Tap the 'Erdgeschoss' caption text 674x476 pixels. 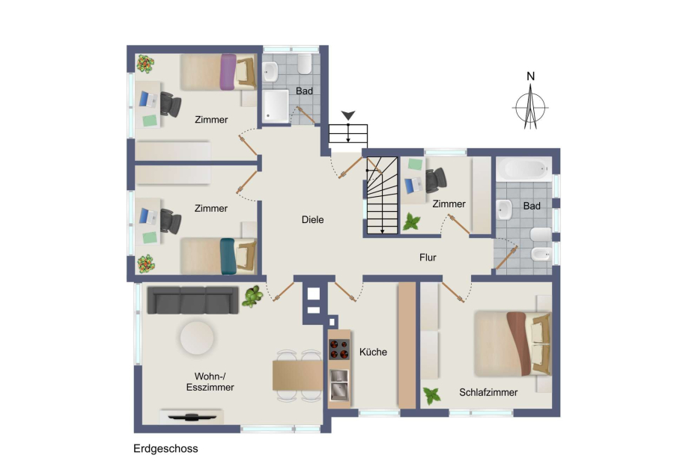166,448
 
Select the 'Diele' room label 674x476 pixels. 312,219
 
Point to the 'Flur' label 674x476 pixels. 428,257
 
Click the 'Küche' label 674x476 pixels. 373,352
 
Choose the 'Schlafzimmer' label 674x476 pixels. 488,392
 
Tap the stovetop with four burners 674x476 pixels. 339,349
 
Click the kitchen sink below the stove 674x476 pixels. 339,385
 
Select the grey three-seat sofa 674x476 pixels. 192,300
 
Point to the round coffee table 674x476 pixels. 197,338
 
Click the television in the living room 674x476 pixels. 192,417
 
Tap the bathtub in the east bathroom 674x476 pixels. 524,169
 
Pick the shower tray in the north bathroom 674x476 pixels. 276,106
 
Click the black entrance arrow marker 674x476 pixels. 348,115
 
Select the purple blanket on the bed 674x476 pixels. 228,72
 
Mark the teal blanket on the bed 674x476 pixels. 228,256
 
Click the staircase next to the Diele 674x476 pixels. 382,195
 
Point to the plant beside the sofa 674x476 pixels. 252,296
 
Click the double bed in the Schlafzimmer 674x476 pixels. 513,344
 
